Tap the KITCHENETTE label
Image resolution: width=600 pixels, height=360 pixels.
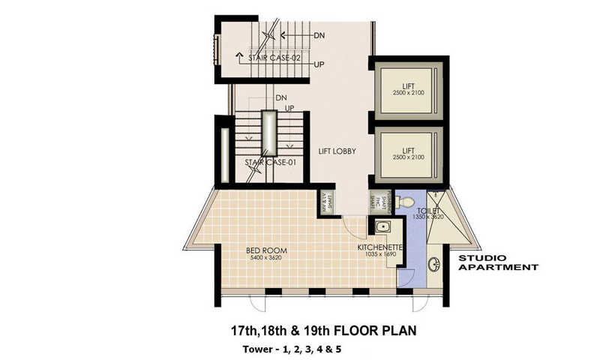click(381, 246)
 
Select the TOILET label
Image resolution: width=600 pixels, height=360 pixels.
click(428, 211)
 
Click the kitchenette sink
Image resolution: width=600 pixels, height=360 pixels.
click(382, 227)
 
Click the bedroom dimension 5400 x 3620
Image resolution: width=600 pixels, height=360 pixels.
click(267, 258)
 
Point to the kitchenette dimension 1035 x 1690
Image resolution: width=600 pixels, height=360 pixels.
click(380, 254)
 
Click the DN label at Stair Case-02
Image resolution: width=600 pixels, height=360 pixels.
click(319, 35)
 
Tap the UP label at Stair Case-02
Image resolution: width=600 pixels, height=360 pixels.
click(319, 64)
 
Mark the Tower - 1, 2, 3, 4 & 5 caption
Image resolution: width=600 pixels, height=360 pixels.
click(292, 349)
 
